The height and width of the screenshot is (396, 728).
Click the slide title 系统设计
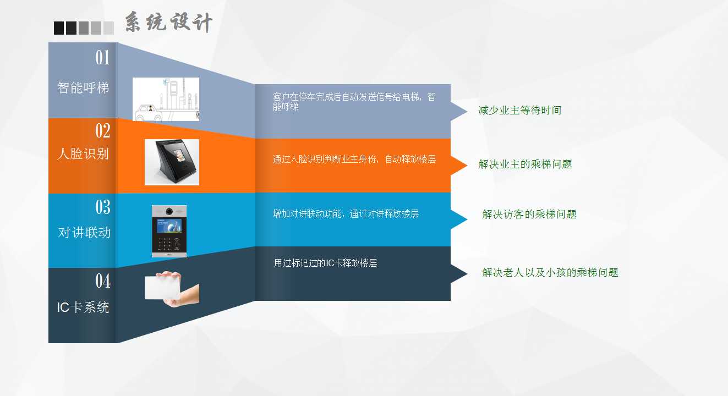click(x=169, y=22)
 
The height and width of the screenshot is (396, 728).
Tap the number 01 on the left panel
click(x=103, y=58)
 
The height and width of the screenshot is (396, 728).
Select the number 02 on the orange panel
click(x=103, y=130)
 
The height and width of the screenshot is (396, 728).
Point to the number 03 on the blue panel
click(x=103, y=207)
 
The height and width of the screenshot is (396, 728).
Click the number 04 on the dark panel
click(x=103, y=280)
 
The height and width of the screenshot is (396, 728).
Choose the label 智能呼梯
click(x=83, y=87)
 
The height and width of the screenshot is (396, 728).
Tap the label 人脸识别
click(x=83, y=153)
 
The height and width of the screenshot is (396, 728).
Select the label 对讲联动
click(x=84, y=233)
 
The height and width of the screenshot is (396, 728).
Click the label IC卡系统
click(x=83, y=307)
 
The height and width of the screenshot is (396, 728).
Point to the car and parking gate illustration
click(x=166, y=99)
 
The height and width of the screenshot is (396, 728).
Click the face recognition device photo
click(x=172, y=162)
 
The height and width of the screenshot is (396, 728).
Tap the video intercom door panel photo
click(x=169, y=231)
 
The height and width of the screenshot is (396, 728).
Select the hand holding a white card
click(x=172, y=289)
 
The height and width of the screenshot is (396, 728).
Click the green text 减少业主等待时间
click(x=519, y=111)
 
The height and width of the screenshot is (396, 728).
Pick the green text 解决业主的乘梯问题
click(x=525, y=164)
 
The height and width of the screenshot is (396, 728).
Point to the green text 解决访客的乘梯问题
click(x=529, y=215)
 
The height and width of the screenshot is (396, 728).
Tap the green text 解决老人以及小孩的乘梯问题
click(x=550, y=273)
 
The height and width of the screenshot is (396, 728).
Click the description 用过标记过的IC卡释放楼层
click(x=325, y=263)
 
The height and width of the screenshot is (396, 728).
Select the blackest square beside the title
click(x=59, y=28)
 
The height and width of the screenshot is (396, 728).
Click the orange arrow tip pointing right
click(x=467, y=166)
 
